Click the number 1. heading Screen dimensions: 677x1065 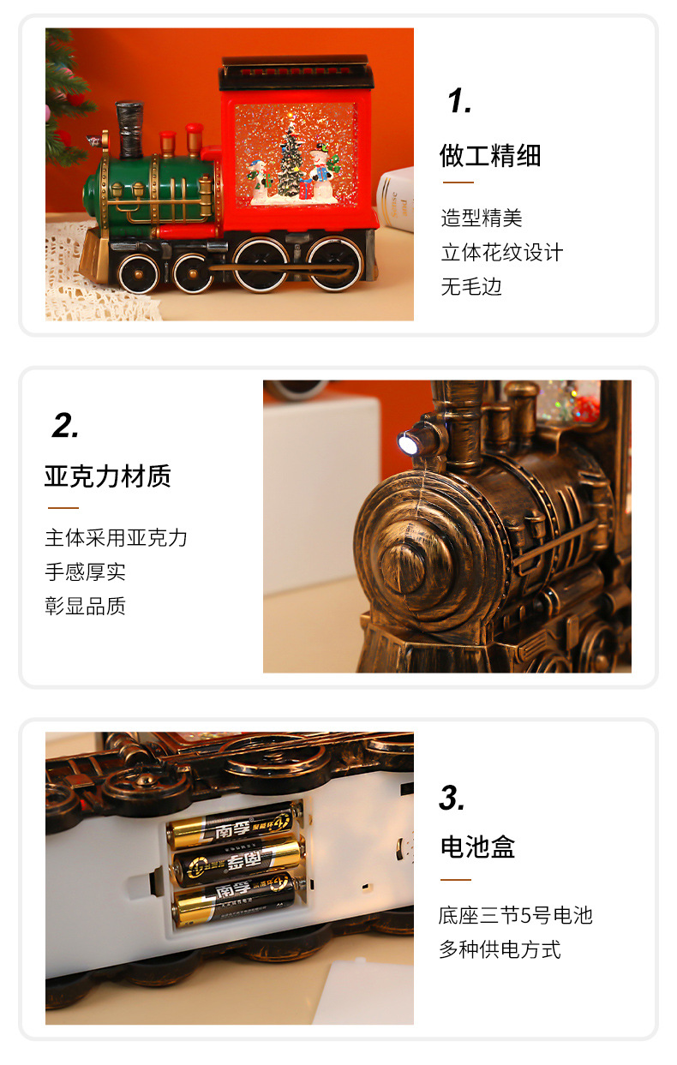[x=458, y=101]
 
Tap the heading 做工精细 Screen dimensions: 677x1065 [x=490, y=155]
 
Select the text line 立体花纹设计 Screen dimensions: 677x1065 [x=502, y=253]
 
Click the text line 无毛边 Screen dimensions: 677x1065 [x=471, y=287]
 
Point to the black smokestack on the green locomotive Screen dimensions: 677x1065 [x=129, y=129]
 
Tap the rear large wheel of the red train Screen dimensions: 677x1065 [x=334, y=264]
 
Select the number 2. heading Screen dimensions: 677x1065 [x=65, y=426]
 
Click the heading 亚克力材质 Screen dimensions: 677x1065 [x=108, y=476]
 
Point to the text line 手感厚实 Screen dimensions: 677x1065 [x=86, y=572]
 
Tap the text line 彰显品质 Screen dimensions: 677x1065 [x=86, y=607]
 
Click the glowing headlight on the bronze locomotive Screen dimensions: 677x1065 [x=407, y=443]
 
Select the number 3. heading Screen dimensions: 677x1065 [x=452, y=798]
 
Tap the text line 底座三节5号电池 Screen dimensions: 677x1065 [x=516, y=915]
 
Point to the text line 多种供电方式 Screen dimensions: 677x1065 [x=500, y=949]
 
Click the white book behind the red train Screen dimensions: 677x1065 [x=396, y=199]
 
